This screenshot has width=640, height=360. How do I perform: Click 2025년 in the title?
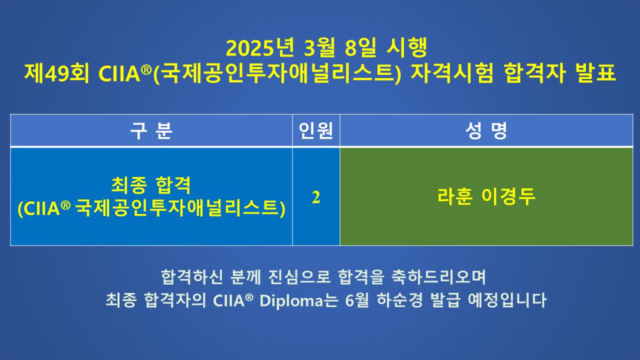tap(259, 47)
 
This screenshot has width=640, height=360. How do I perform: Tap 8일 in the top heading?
tap(360, 47)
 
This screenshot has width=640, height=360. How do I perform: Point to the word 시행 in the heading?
tap(407, 47)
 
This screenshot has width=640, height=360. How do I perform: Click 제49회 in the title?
tap(56, 73)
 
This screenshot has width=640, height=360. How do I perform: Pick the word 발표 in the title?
tap(596, 73)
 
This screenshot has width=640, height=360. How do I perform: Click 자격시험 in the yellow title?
tap(451, 73)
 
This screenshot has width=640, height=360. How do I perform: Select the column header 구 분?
tap(151, 130)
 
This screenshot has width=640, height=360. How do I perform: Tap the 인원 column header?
tap(316, 130)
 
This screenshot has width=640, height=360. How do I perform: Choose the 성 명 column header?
tap(486, 130)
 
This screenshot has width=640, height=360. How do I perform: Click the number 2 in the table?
tap(316, 197)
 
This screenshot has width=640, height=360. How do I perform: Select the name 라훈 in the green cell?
tap(455, 196)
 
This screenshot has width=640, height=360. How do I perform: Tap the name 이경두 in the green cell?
tap(508, 196)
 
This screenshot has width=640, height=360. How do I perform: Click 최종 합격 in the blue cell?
tap(151, 185)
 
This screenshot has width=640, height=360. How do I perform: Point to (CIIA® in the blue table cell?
tap(44, 208)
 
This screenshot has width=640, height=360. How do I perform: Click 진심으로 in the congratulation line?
tap(299, 276)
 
